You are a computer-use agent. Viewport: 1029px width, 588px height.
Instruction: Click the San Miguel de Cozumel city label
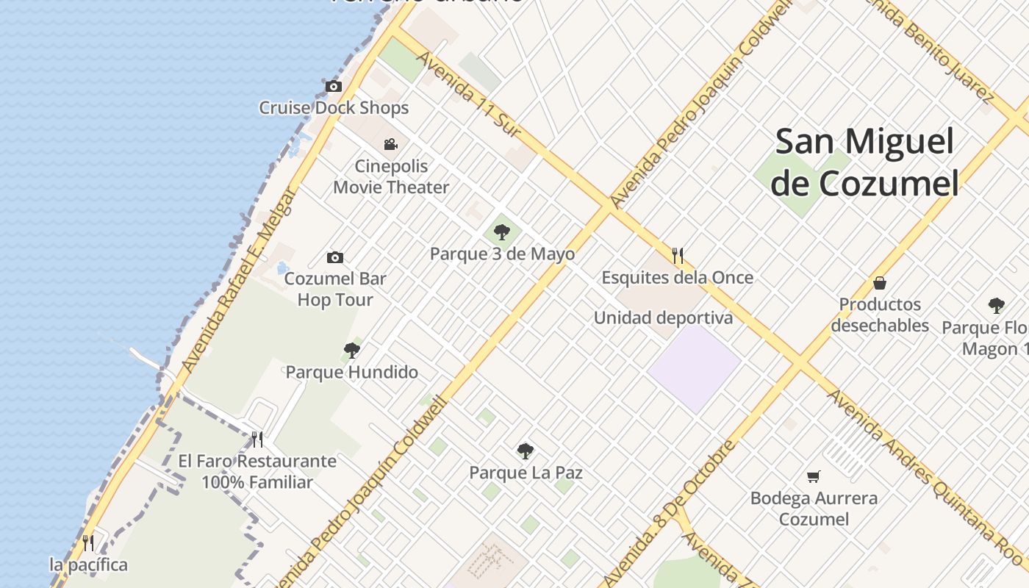(x=865, y=162)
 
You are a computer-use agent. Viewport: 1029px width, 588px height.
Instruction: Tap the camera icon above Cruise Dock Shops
(x=334, y=87)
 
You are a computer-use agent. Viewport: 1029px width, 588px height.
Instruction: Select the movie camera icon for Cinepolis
(x=390, y=145)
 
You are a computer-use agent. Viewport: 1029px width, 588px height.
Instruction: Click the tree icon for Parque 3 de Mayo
(x=502, y=233)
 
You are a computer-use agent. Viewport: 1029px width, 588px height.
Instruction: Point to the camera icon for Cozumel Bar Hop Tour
(x=335, y=257)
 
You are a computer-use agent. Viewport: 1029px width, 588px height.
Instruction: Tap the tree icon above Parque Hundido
(x=352, y=351)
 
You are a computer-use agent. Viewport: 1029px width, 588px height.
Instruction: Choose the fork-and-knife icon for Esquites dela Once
(x=678, y=256)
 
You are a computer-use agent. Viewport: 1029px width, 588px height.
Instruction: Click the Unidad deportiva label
(x=663, y=318)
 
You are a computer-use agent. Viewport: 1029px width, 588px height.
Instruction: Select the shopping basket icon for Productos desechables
(x=879, y=283)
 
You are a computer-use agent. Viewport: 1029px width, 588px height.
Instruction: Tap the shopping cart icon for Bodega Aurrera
(x=813, y=476)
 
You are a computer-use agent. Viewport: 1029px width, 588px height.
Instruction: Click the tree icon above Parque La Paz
(x=525, y=451)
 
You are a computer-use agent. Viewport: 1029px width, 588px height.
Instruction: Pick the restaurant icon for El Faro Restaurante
(x=257, y=440)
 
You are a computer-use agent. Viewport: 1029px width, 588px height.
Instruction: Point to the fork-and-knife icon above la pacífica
(x=88, y=543)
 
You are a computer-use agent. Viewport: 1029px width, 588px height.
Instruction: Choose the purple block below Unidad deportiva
(x=694, y=368)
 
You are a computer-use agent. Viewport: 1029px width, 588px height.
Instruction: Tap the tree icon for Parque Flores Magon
(x=996, y=306)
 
